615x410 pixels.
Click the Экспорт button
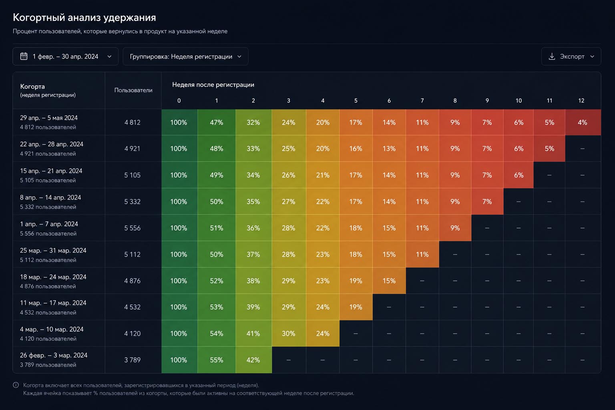point(571,56)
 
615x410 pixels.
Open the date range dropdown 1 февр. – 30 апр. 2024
point(65,56)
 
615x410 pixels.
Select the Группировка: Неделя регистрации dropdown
point(185,56)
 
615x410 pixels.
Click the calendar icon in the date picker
point(24,56)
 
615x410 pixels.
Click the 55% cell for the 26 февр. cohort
point(216,360)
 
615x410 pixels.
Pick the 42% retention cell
point(253,360)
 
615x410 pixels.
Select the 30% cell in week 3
point(289,334)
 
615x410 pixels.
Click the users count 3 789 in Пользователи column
point(133,360)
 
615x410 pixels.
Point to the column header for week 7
point(422,100)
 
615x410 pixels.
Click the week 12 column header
point(581,100)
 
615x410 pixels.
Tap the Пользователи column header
point(133,90)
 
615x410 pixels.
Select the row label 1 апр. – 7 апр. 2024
point(49,224)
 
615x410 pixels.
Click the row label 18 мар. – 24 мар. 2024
point(53,277)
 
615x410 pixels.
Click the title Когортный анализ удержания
point(84,18)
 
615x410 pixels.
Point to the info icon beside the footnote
point(16,385)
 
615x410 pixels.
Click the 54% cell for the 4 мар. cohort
point(216,334)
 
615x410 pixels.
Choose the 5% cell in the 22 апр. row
point(549,149)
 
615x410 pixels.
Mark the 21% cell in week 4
point(323,175)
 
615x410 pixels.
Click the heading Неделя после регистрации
point(213,84)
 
